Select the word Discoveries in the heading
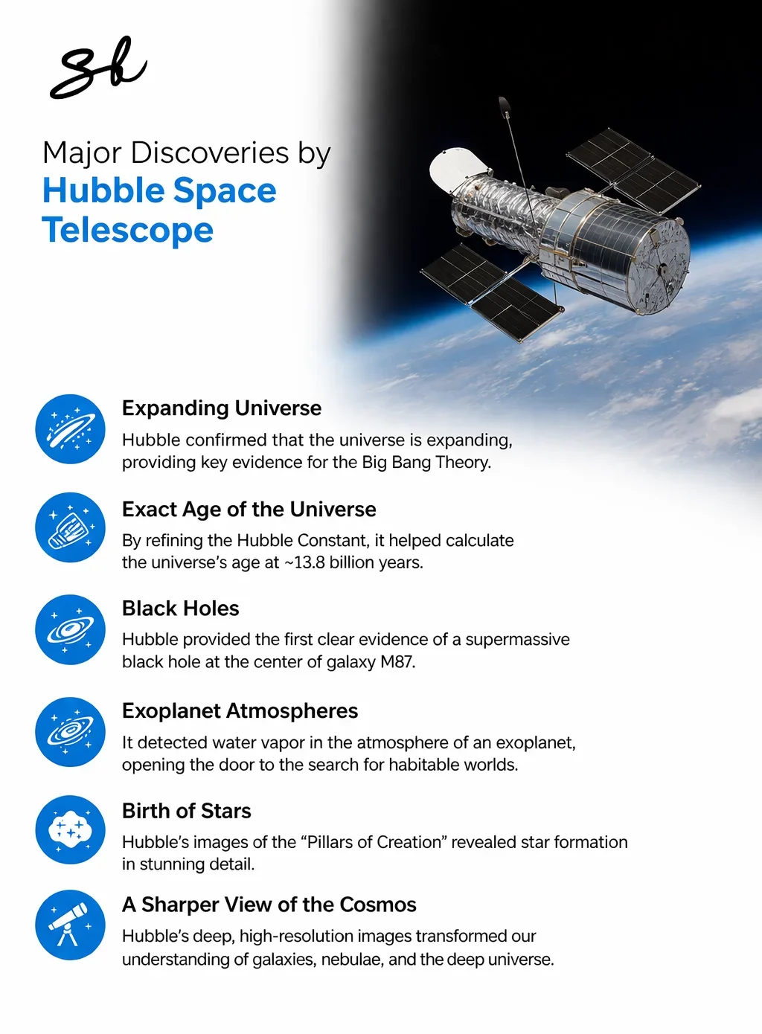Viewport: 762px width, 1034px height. (210, 152)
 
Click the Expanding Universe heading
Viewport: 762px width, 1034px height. (222, 408)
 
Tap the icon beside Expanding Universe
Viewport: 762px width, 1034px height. (70, 428)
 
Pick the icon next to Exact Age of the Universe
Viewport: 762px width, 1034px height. (70, 527)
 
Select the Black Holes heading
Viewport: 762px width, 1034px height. (181, 608)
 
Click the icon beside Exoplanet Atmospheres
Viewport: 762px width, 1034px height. (70, 732)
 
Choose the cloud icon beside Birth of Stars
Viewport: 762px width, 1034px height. (70, 830)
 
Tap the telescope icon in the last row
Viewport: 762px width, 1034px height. (70, 925)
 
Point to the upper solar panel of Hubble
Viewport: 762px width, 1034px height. (633, 171)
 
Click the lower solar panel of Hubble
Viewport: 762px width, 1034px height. (493, 292)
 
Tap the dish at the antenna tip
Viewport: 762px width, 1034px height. (505, 105)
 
